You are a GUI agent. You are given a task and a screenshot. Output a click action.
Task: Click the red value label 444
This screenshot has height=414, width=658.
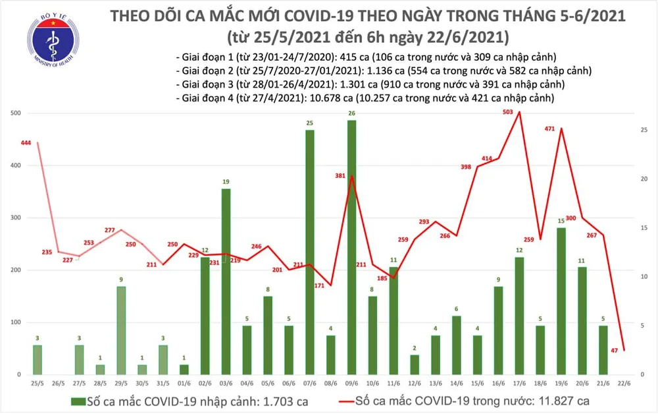[x=26, y=142]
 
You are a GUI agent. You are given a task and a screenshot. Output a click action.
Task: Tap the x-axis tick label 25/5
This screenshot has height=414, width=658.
[x=37, y=382]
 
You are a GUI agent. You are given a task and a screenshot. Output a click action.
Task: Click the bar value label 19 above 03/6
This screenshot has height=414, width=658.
[x=226, y=182]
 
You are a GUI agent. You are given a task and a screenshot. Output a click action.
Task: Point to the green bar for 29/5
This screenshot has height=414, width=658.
[x=121, y=330]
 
